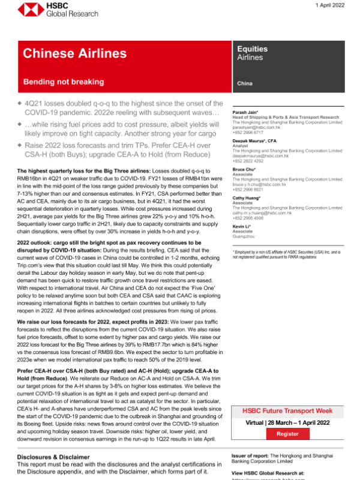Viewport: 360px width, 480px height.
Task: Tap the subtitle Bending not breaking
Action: tap(59, 80)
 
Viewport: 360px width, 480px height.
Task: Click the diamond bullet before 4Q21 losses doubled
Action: tap(20, 104)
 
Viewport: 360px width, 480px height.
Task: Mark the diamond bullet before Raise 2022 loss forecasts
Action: tap(20, 145)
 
